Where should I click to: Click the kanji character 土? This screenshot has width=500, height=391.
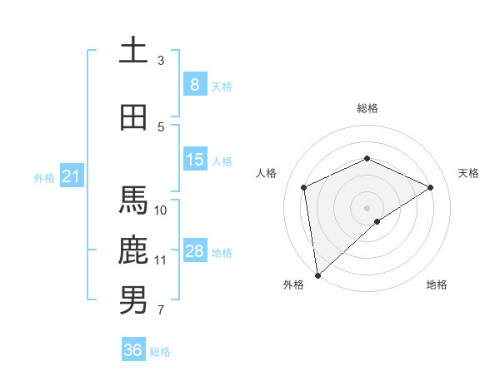(133, 51)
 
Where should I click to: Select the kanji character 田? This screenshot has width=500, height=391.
(133, 117)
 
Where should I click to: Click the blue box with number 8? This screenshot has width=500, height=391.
(194, 85)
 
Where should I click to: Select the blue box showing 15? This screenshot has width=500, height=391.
(194, 160)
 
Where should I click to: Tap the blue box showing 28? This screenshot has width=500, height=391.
(194, 251)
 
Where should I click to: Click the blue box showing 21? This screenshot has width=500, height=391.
(71, 176)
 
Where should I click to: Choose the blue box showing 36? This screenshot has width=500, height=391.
(133, 350)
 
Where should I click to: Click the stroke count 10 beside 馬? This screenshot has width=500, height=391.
(162, 210)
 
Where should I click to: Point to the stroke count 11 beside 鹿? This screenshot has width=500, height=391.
(161, 260)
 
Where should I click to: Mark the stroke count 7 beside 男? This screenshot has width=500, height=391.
(161, 310)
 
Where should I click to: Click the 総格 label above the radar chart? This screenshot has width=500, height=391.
(367, 108)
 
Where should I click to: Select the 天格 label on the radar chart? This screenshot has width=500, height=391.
(468, 173)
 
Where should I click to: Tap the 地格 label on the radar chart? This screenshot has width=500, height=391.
(437, 285)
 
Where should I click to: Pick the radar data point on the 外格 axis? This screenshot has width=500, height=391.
(317, 275)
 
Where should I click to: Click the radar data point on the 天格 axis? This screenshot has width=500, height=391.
(431, 187)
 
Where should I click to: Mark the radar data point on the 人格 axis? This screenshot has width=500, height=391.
(304, 187)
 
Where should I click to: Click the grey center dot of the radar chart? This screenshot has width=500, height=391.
(367, 207)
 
